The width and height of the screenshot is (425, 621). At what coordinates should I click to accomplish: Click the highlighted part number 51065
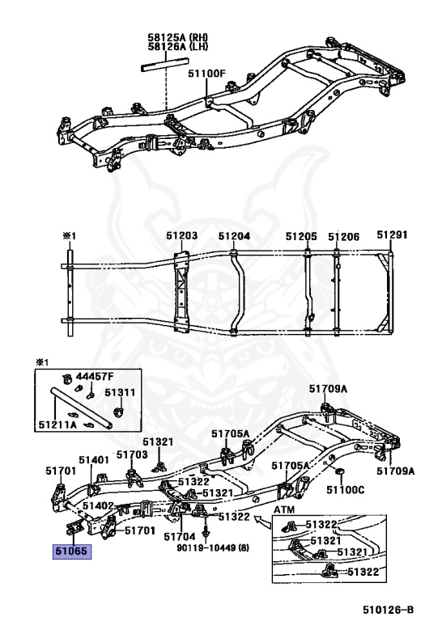(x=72, y=551)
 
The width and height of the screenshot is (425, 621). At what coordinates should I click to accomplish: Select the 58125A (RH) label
(x=178, y=38)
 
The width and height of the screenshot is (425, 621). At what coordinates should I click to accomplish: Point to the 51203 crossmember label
(x=182, y=235)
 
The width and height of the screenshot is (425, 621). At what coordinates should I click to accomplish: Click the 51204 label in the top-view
(x=234, y=236)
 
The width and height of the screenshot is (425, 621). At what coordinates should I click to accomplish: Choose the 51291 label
(x=392, y=234)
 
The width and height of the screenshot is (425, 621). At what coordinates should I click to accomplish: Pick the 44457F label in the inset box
(x=96, y=376)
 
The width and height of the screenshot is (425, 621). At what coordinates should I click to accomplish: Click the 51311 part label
(x=120, y=392)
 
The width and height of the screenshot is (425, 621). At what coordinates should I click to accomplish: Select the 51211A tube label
(x=57, y=425)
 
